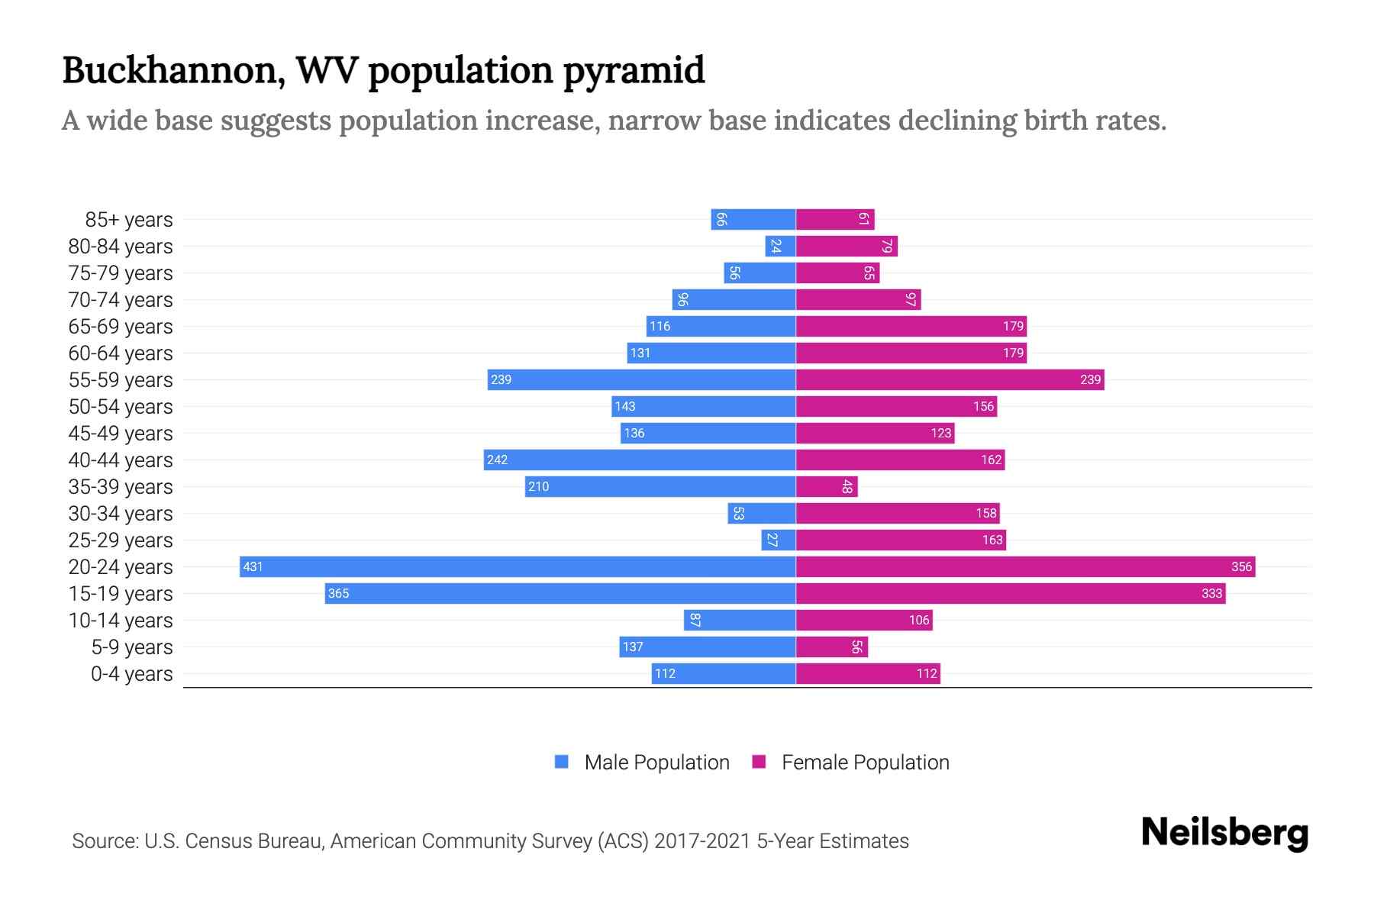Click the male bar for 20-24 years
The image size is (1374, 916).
518,566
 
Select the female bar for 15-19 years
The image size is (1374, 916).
1011,593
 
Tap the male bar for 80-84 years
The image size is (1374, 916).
781,246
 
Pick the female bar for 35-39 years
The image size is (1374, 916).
827,486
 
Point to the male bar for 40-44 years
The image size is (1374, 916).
640,460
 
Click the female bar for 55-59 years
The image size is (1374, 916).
950,379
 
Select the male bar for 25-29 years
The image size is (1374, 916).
779,540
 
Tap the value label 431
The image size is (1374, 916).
253,566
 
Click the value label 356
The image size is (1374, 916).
1241,566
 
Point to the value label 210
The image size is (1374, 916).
538,486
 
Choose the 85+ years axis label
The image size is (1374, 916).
129,220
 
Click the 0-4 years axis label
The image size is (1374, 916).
131,674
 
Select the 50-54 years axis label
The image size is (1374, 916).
121,407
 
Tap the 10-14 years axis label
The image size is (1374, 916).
121,621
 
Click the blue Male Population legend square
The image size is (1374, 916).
562,762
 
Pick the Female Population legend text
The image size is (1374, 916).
865,762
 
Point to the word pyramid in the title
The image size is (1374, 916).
634,70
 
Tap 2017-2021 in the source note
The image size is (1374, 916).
702,841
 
